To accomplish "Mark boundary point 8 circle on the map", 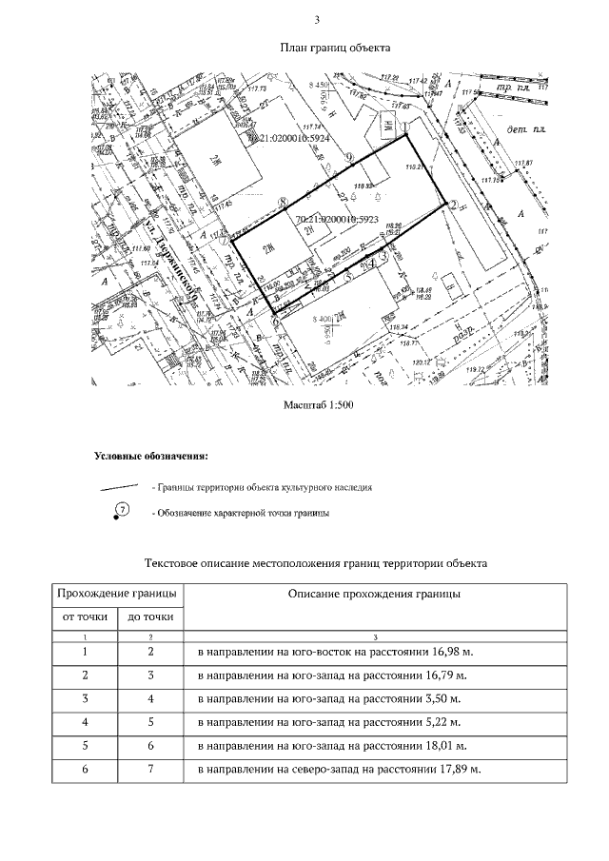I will point(282,201).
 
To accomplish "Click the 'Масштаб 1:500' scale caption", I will point(319,405).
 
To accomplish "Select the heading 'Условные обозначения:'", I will point(150,456).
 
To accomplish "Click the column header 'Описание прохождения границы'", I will point(374,594).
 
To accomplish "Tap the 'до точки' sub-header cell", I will point(150,617).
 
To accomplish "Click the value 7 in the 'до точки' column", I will point(150,768).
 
